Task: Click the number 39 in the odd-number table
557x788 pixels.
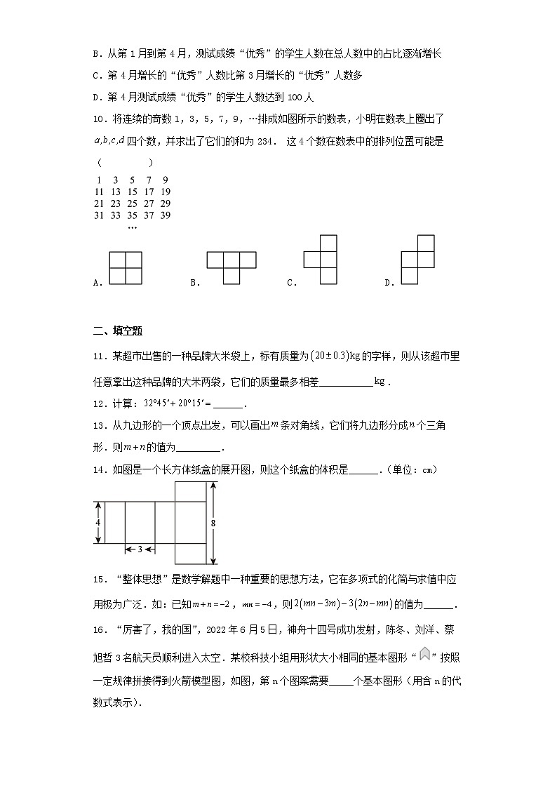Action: (x=165, y=215)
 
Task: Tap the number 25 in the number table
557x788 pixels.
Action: (x=132, y=203)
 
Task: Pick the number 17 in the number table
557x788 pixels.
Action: (x=149, y=192)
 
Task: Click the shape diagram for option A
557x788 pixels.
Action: (x=126, y=268)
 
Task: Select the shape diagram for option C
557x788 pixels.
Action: (x=321, y=260)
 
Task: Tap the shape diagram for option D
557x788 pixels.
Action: (x=417, y=260)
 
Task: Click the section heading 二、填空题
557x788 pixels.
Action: (x=117, y=331)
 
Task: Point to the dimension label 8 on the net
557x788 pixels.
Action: (x=213, y=523)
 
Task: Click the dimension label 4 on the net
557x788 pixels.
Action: (x=98, y=523)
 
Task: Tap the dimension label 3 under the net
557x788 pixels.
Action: (x=140, y=549)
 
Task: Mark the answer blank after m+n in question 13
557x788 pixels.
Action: (x=200, y=449)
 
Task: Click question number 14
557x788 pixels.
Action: (x=100, y=470)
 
